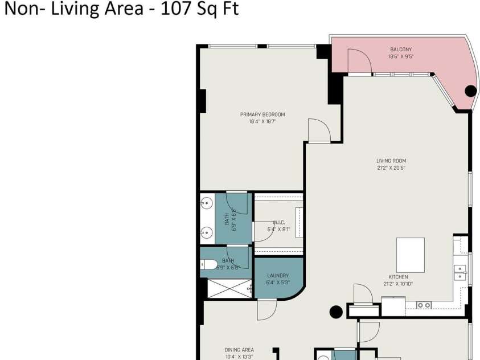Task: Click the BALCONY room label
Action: click(x=400, y=50)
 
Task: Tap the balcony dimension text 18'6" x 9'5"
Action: click(x=400, y=56)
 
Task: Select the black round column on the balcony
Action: click(x=470, y=91)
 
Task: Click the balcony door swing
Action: click(x=358, y=62)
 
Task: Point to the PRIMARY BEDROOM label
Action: click(x=262, y=114)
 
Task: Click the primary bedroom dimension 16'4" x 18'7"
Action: click(x=262, y=121)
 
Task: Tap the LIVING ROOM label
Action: click(x=391, y=161)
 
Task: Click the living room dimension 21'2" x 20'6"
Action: click(x=391, y=168)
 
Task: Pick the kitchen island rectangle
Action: click(x=411, y=255)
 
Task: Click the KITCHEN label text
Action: click(x=397, y=277)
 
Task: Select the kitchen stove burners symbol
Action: click(x=424, y=305)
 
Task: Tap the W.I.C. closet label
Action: click(x=278, y=223)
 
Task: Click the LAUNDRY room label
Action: click(x=278, y=276)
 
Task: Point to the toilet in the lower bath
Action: click(x=208, y=264)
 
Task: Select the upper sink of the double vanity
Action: click(x=207, y=202)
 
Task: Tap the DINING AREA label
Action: click(x=239, y=350)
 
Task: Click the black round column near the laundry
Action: click(x=337, y=312)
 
